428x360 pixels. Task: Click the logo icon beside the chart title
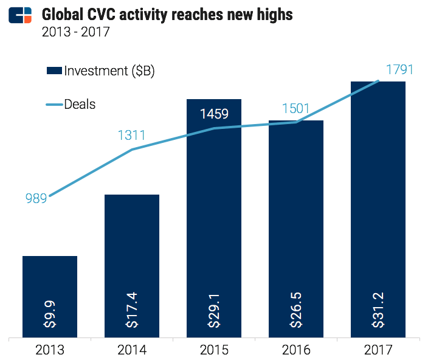click(x=20, y=14)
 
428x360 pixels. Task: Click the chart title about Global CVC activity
click(x=167, y=13)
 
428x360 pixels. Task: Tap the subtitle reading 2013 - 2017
click(x=75, y=32)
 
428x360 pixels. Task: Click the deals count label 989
click(x=36, y=198)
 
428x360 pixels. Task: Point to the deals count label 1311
click(x=131, y=135)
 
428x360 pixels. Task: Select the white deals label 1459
click(x=214, y=113)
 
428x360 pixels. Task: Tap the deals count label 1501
click(x=295, y=109)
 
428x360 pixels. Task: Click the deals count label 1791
click(x=399, y=70)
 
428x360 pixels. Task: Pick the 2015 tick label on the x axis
click(x=214, y=350)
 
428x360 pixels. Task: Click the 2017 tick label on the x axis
click(x=378, y=350)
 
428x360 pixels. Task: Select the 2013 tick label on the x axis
click(x=50, y=350)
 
